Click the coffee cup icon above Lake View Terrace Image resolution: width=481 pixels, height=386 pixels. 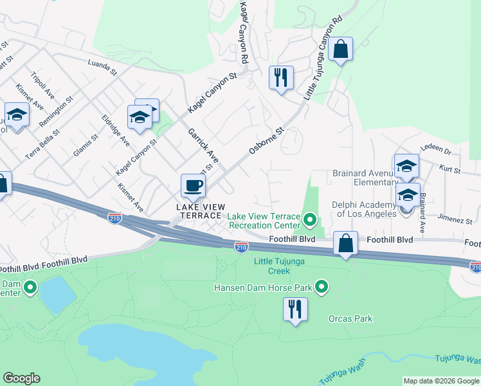click(x=193, y=187)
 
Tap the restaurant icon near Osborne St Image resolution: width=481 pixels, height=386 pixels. click(x=281, y=78)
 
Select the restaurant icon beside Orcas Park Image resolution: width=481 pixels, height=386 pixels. click(x=295, y=309)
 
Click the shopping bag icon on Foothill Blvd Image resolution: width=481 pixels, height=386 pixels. click(x=346, y=243)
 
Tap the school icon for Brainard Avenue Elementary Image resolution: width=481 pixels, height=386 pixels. click(x=406, y=167)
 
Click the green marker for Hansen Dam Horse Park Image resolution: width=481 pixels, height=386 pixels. click(x=322, y=286)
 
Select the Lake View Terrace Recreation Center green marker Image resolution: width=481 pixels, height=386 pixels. click(x=310, y=220)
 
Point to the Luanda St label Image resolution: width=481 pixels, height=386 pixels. click(x=102, y=67)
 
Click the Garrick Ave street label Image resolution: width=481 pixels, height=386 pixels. click(x=203, y=145)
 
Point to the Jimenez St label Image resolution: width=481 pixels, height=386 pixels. click(x=458, y=220)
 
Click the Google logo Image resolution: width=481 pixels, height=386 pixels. click(x=21, y=378)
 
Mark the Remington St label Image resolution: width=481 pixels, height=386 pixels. click(x=56, y=111)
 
